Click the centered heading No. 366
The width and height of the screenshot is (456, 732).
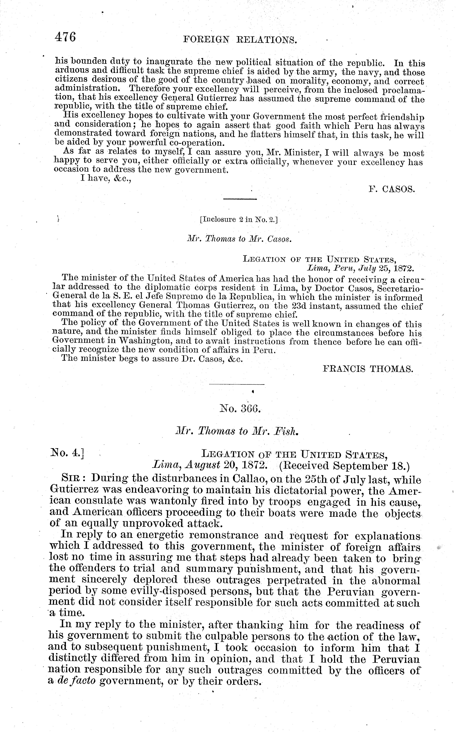click(x=240, y=409)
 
